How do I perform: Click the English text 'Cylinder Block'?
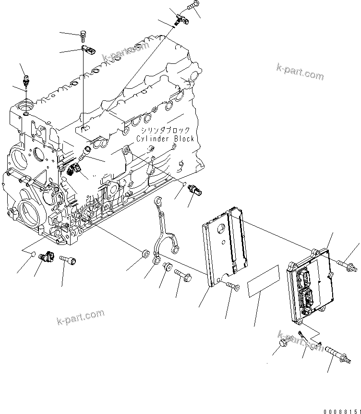(165, 139)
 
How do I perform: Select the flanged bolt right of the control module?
(347, 263)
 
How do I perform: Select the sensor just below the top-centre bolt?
(182, 19)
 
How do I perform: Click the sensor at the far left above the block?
(25, 80)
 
